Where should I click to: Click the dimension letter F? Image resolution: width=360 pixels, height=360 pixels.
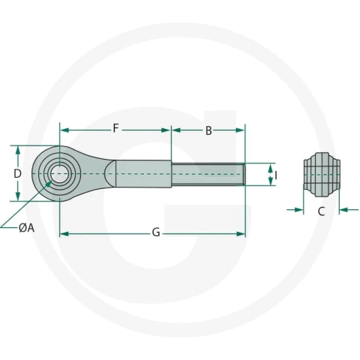pos(115,128)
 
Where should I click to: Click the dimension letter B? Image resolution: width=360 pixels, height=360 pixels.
pos(208,130)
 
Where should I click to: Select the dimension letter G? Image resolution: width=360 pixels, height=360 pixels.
pos(156,232)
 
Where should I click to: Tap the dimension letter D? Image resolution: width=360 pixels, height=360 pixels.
pos(17,173)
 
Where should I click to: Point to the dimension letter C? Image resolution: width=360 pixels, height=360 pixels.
pos(321,211)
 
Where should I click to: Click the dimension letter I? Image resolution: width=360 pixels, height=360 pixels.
pos(276,175)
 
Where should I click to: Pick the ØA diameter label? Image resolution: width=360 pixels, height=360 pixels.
pos(26,228)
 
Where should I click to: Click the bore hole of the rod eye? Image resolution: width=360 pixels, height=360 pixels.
pos(59,173)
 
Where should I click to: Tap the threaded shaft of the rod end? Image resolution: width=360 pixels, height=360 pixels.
pos(208,174)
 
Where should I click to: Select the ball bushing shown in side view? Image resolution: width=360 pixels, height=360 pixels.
pos(322,174)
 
